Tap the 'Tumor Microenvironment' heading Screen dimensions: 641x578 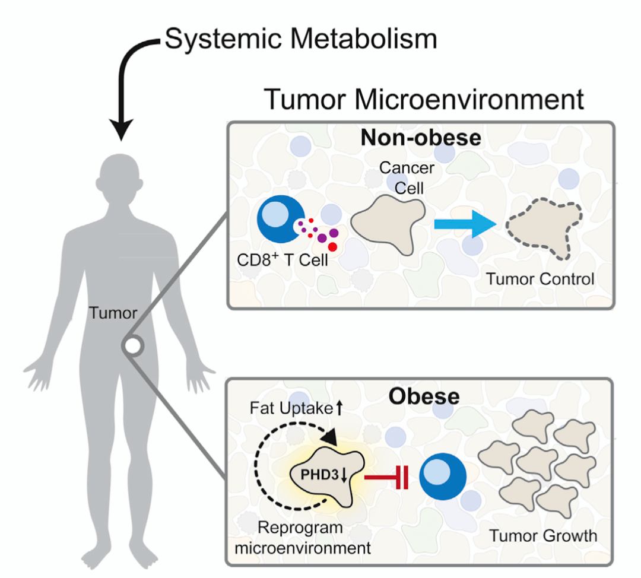tap(424, 99)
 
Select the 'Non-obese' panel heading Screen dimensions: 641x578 tap(421, 137)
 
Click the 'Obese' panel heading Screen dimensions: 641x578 tap(424, 396)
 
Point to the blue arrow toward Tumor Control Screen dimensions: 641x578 tap(465, 224)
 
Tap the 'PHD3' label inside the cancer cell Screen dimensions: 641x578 tap(319, 475)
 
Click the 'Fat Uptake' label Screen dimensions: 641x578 tap(291, 408)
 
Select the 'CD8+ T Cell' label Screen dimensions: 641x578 tap(283, 259)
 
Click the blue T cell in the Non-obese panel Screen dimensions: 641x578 tap(280, 219)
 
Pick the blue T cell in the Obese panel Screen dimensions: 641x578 tap(443, 476)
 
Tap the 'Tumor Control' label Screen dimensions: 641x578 tap(540, 279)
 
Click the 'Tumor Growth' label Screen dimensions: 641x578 tap(543, 535)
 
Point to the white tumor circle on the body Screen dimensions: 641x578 tap(133, 346)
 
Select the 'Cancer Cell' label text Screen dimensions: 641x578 tap(407, 178)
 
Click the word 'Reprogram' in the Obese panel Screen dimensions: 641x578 tap(300, 528)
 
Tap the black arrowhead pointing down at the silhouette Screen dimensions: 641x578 tap(121, 129)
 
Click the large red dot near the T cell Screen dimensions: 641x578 tap(332, 247)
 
